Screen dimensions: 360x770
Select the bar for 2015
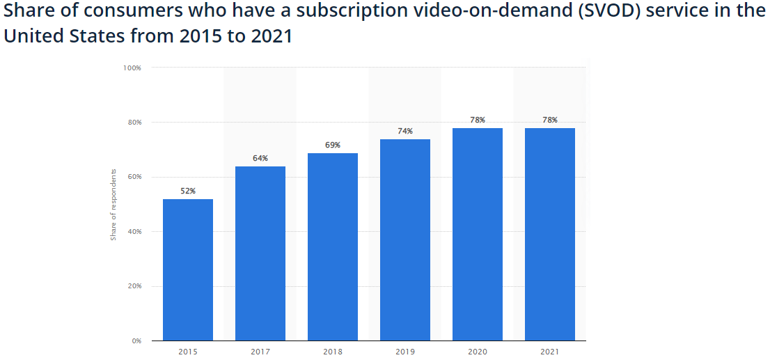click(x=188, y=269)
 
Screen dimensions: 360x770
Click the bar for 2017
click(x=260, y=253)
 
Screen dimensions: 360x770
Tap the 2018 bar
click(x=333, y=246)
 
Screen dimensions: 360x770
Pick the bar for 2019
click(x=405, y=240)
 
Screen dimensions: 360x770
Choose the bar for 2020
click(x=478, y=234)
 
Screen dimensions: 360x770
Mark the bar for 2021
click(x=550, y=234)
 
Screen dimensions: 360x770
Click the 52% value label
click(x=188, y=191)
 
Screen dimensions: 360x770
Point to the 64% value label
click(x=260, y=158)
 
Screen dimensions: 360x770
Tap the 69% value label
click(x=333, y=145)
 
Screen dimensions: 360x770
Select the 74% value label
click(x=405, y=131)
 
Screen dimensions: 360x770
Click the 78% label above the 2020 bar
click(x=478, y=120)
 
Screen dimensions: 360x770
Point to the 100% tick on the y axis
click(x=132, y=68)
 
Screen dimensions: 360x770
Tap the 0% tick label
click(x=136, y=341)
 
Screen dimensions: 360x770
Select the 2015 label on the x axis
click(x=188, y=352)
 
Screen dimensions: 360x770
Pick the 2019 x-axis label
click(x=405, y=352)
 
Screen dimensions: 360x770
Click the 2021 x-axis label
click(x=550, y=352)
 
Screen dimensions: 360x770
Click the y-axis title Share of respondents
click(x=113, y=204)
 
